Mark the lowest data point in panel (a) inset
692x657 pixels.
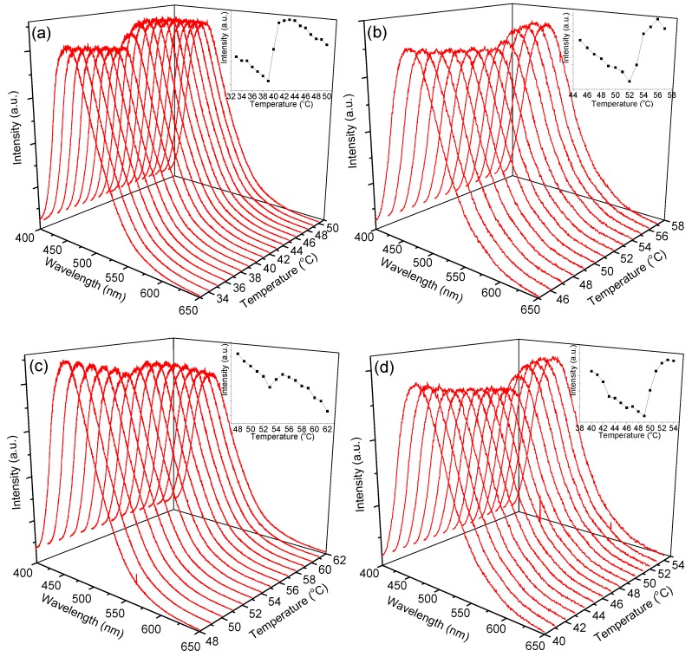click(x=268, y=81)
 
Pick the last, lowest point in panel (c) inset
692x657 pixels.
click(x=327, y=411)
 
